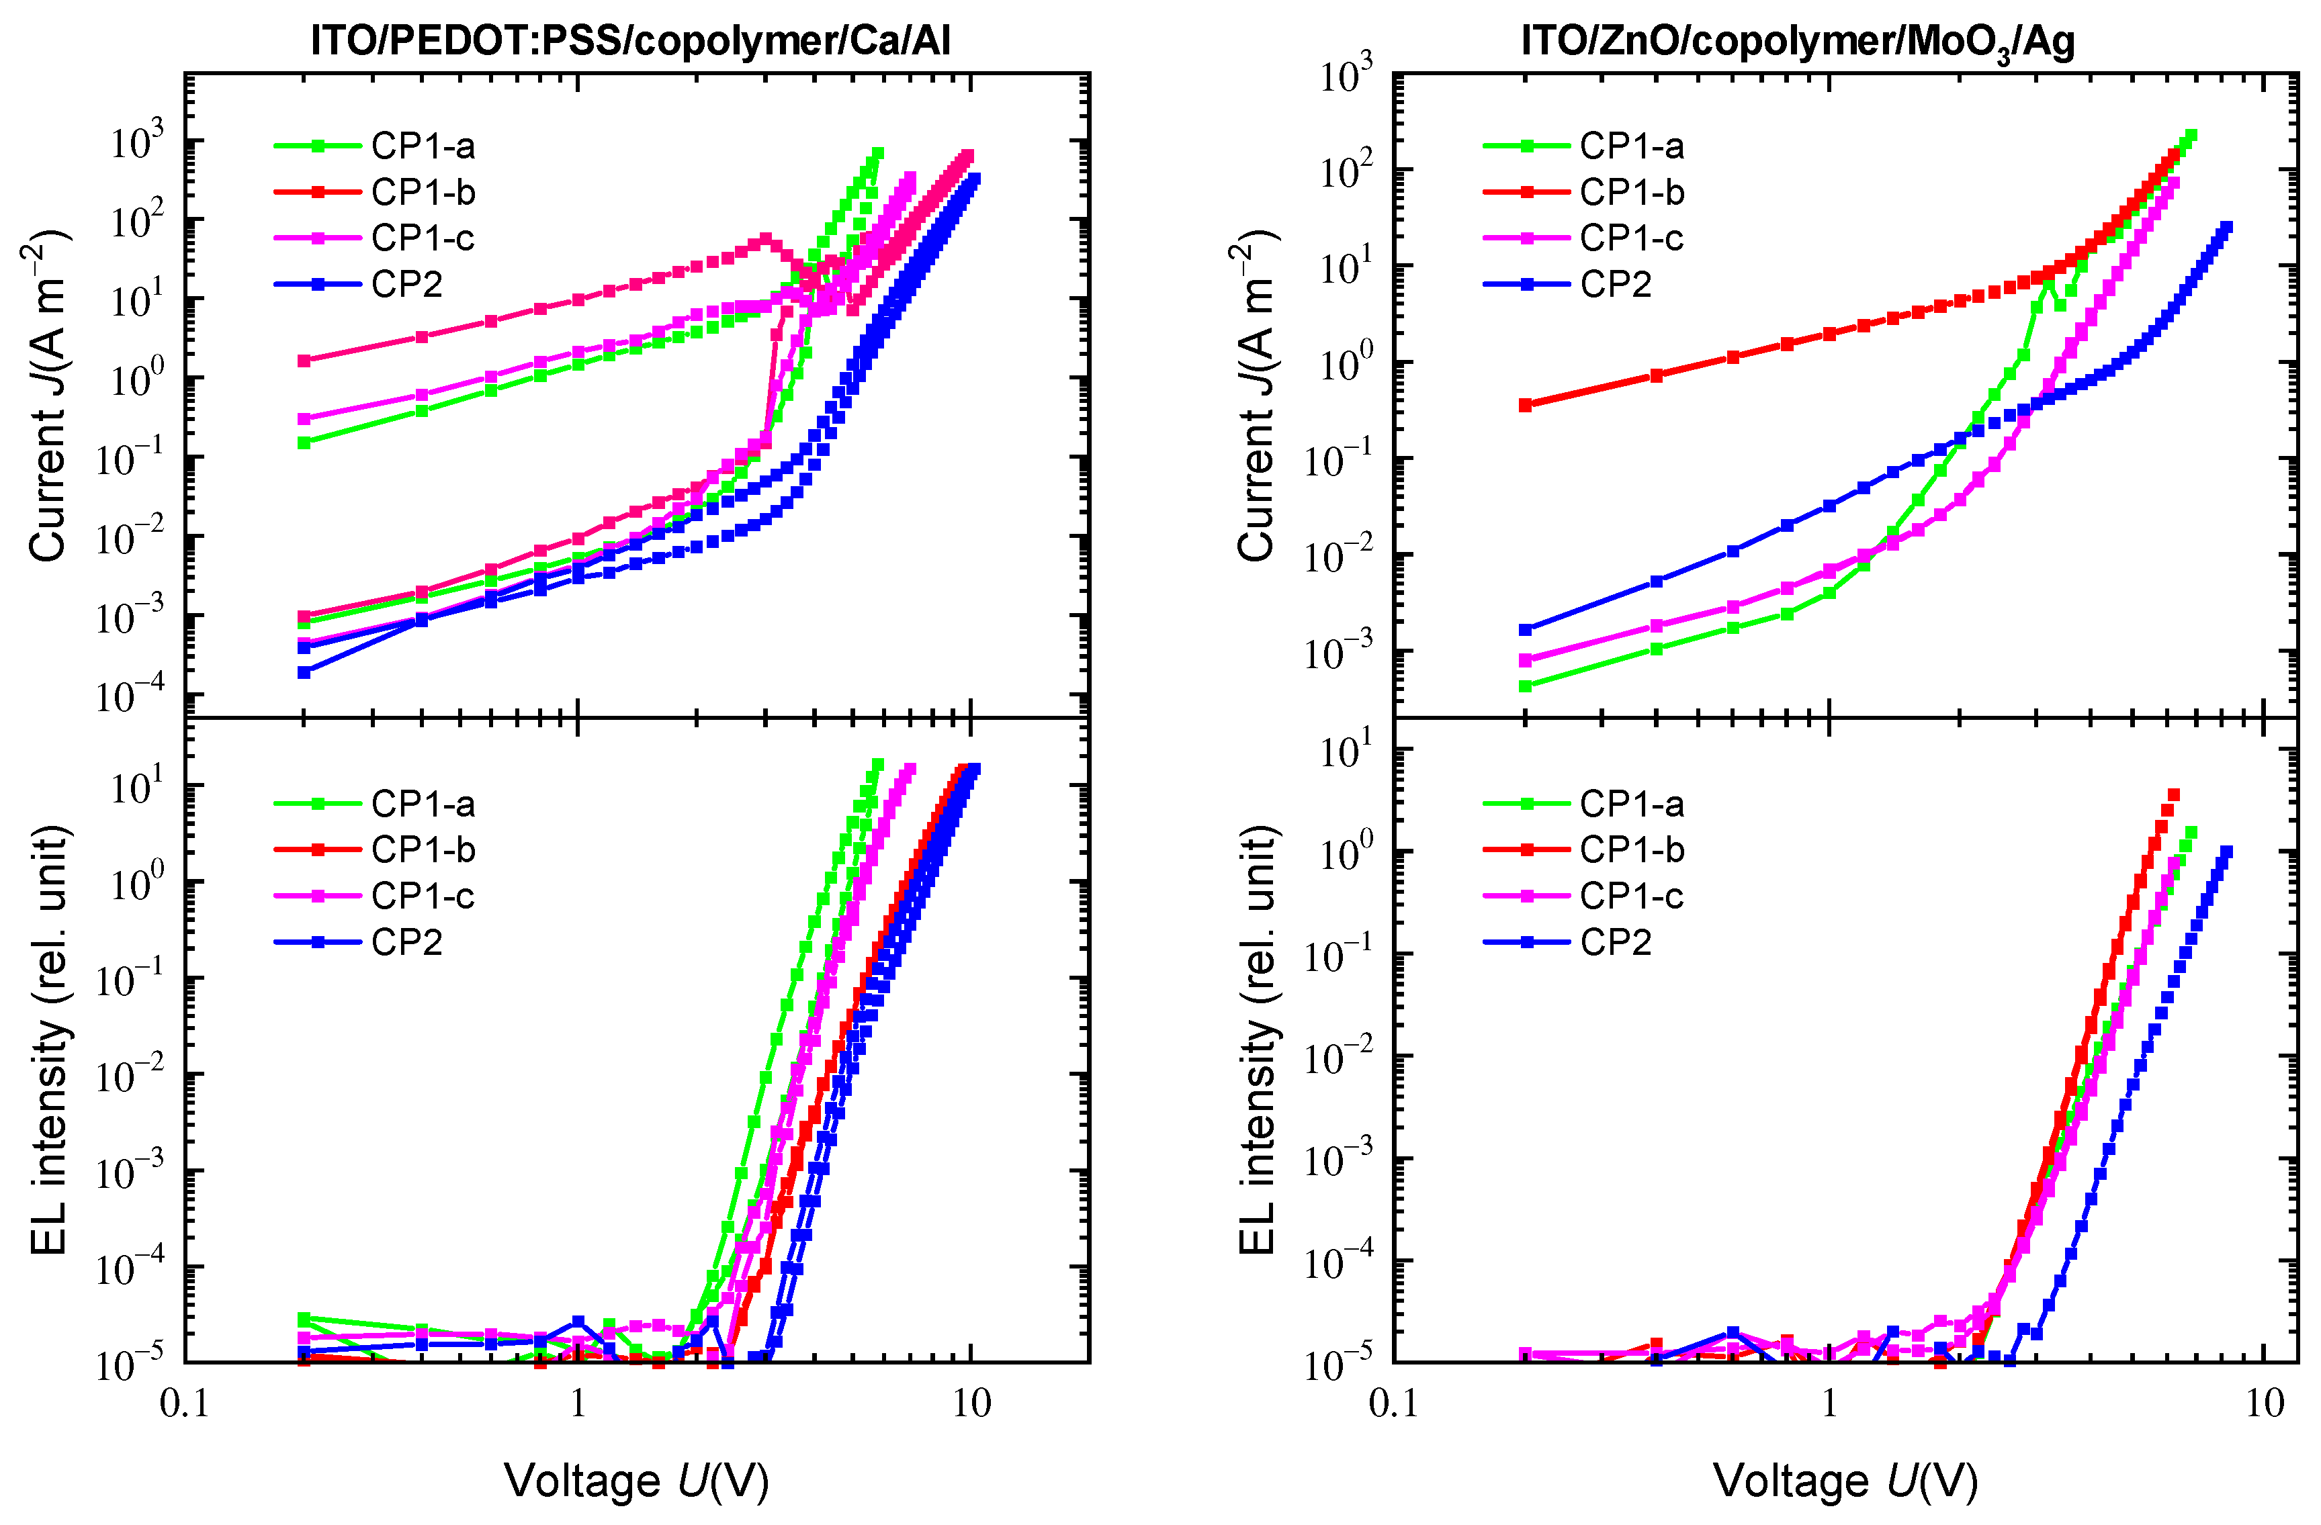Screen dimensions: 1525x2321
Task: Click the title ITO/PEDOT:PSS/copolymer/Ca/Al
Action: click(630, 41)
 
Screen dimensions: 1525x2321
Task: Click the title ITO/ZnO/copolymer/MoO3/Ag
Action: click(1796, 41)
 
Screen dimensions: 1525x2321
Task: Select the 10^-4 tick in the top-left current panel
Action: click(129, 696)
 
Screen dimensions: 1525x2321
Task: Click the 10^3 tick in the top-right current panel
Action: click(1345, 76)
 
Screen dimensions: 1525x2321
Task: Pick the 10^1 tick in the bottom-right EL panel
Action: click(1345, 753)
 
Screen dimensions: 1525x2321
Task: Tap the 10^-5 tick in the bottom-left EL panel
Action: click(129, 1365)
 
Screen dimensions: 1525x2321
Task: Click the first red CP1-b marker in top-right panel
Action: click(1525, 405)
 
